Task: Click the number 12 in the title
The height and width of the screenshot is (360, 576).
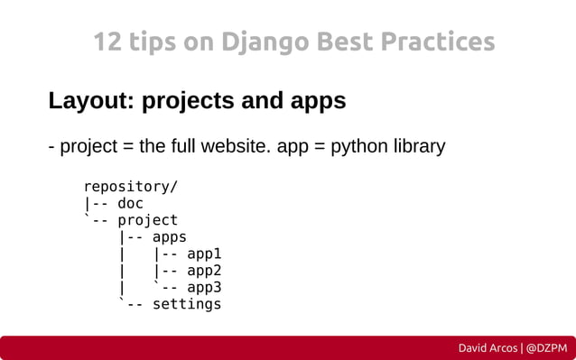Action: tap(107, 42)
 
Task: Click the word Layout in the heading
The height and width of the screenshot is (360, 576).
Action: tap(87, 101)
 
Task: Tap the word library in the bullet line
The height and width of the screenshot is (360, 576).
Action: tap(415, 146)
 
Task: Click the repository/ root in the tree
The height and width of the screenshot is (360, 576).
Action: tap(130, 187)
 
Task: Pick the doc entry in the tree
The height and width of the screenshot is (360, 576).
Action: tap(130, 204)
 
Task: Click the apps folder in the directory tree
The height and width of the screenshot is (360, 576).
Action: tap(169, 237)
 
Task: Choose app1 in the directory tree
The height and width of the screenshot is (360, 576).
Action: tap(203, 254)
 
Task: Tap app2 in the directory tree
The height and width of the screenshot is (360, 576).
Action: tap(203, 271)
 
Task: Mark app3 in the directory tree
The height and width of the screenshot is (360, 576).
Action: tap(203, 288)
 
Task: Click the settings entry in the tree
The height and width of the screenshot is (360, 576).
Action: tap(186, 304)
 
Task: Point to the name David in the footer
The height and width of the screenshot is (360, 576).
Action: tap(475, 347)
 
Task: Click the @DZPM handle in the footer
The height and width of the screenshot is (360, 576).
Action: tap(546, 347)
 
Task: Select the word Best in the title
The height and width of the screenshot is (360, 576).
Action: tap(336, 42)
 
